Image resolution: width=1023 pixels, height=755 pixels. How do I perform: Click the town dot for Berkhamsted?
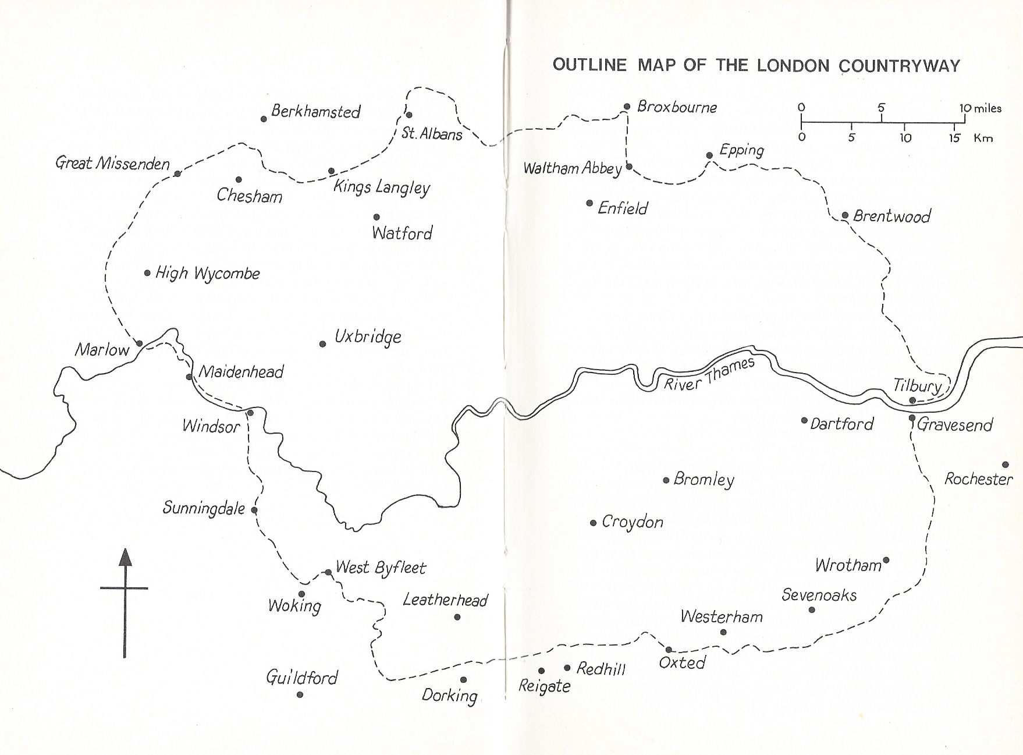point(264,119)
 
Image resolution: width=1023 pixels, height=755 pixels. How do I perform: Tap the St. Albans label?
point(431,134)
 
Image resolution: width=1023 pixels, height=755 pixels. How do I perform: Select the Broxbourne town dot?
point(627,107)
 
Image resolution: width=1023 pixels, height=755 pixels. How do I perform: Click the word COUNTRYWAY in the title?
point(899,65)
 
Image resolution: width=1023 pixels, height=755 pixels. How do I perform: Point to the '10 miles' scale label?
point(981,108)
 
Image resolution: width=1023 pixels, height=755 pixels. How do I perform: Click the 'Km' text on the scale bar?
point(983,139)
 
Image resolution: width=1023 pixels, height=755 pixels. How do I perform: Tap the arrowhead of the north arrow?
point(125,558)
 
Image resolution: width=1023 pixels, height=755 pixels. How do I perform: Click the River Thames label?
point(709,375)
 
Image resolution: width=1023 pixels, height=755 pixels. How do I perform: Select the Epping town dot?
point(709,155)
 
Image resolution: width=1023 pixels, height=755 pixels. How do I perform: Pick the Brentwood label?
point(891,217)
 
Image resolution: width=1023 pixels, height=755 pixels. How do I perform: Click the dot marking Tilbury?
point(912,400)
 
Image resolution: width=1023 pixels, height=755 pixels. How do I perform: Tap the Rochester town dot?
point(1005,465)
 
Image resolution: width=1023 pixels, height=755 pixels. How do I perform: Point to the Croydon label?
point(632,522)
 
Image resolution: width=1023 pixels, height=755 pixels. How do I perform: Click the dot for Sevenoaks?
point(812,609)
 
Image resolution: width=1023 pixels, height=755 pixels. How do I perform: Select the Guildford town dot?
point(300,694)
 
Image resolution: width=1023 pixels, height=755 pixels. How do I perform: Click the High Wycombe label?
point(207,274)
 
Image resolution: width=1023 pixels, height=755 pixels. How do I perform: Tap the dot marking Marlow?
point(139,343)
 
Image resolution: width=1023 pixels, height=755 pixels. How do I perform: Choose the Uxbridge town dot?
point(322,344)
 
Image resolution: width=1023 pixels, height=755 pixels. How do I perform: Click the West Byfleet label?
point(381,568)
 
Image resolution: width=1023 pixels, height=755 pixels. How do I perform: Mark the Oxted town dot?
point(669,650)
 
